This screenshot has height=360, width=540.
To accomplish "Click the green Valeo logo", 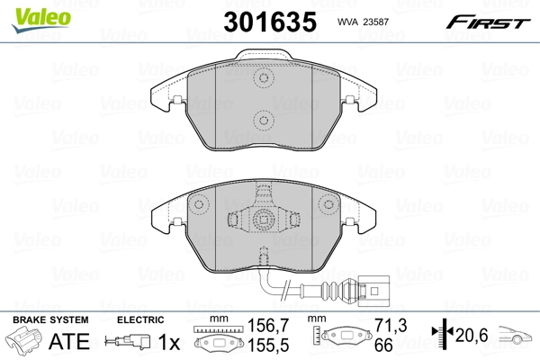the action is (41, 19).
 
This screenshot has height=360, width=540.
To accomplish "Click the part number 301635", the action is (270, 22).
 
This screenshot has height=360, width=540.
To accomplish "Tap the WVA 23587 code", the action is (363, 22).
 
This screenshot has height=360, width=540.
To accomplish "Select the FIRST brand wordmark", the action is (488, 22).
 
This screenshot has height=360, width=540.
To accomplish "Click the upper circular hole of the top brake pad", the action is (264, 77).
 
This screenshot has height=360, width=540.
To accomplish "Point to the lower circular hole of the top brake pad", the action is (264, 121).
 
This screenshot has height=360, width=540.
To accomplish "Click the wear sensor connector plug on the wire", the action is (373, 291).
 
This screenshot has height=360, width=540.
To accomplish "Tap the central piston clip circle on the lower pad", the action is (264, 219).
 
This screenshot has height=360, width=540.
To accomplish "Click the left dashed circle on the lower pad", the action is (199, 204).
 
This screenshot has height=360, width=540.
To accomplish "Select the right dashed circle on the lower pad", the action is (328, 204).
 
